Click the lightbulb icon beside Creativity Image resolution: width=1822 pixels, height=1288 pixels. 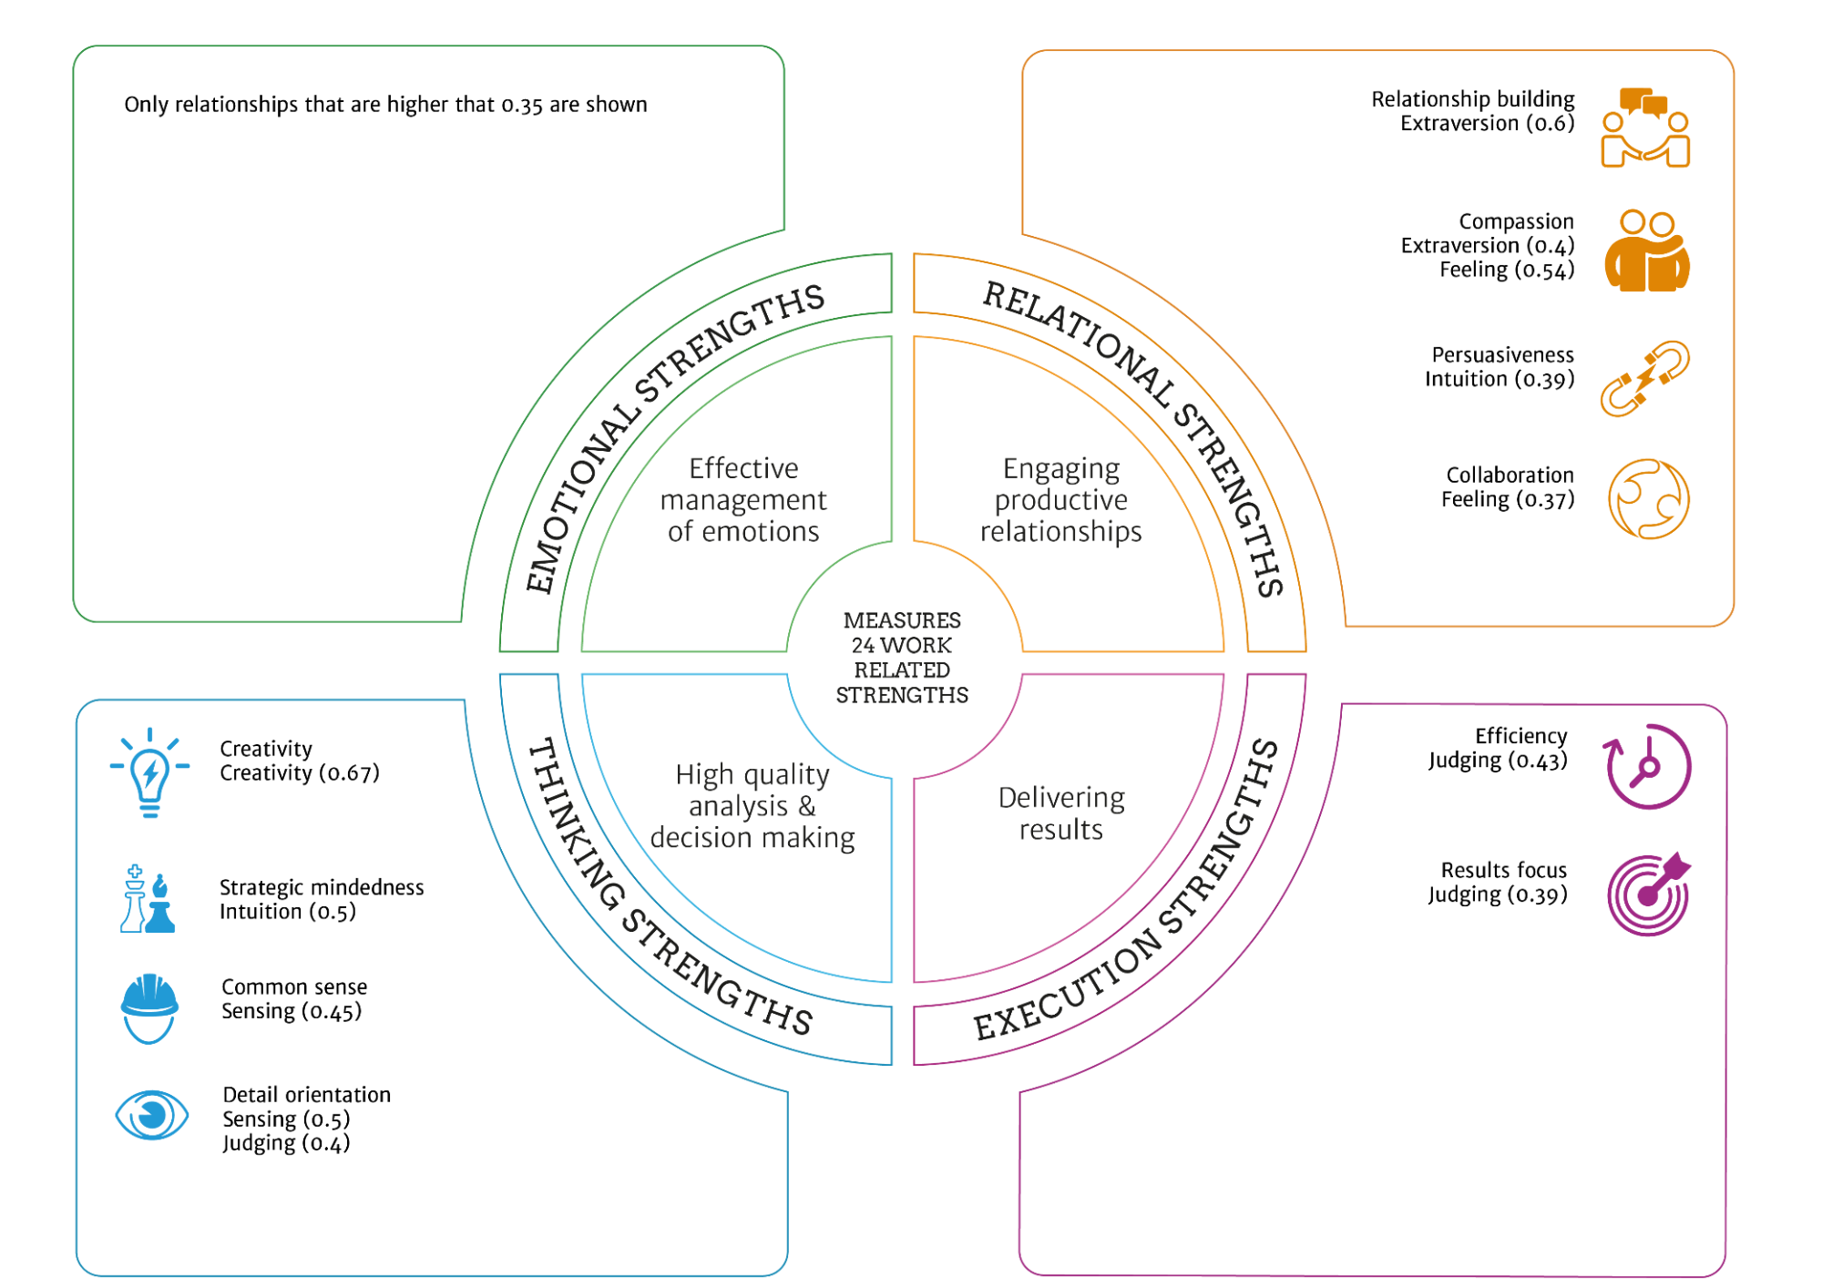[150, 773]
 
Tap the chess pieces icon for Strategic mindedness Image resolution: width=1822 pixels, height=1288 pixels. [148, 899]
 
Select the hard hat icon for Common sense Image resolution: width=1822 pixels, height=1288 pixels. [149, 1007]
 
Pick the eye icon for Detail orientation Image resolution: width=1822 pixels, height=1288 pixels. [152, 1115]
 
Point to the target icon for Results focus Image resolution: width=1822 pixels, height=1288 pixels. [1649, 894]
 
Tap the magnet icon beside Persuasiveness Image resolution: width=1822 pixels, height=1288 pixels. [1645, 379]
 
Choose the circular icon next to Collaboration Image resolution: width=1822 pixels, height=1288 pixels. [1649, 499]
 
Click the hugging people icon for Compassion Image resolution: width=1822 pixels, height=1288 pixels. [1647, 251]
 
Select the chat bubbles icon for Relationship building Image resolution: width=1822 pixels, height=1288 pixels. [1646, 128]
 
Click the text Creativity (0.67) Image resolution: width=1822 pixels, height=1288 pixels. [300, 773]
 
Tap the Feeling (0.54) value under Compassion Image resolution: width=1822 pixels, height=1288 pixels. [1507, 271]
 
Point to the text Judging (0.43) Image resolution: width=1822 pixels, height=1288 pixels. [1498, 761]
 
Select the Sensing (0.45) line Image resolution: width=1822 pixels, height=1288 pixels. [292, 1011]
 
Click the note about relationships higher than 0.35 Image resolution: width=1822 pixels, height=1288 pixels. [385, 105]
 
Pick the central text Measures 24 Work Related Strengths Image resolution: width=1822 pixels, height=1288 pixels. [902, 658]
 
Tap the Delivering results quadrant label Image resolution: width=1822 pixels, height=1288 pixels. [1061, 813]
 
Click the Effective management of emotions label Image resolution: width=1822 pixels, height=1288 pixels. [743, 500]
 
